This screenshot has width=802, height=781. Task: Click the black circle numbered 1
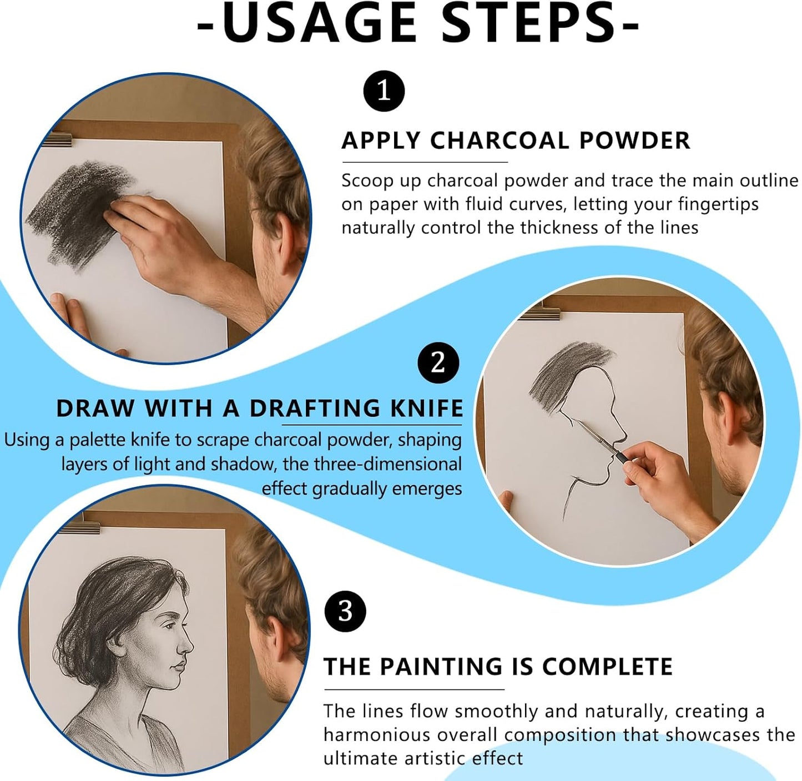click(x=384, y=90)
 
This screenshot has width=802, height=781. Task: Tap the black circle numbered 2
click(x=438, y=363)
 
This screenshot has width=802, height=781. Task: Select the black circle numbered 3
click(x=345, y=612)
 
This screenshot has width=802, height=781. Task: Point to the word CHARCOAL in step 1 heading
click(x=500, y=140)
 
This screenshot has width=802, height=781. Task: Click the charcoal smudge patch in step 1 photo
click(x=78, y=211)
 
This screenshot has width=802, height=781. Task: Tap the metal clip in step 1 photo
click(x=57, y=139)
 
